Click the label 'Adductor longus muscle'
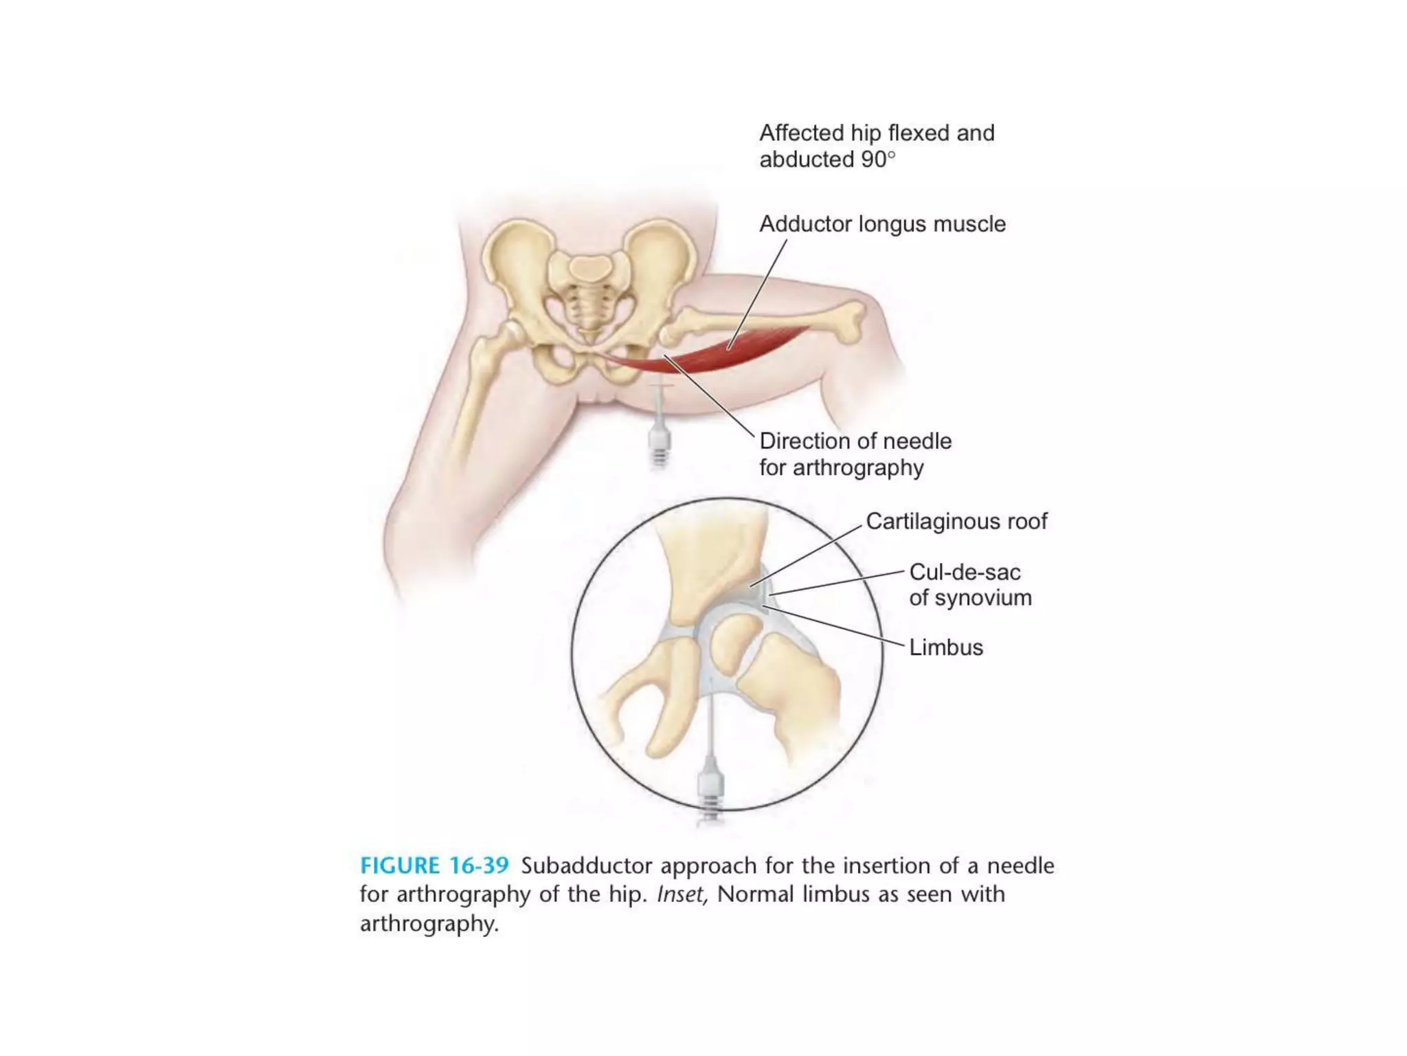[x=882, y=224]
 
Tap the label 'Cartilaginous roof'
[x=956, y=521]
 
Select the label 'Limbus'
[x=946, y=647]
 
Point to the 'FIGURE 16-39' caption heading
[x=434, y=865]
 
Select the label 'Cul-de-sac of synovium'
[x=969, y=584]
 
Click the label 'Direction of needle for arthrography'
[x=855, y=454]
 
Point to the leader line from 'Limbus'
[x=835, y=626]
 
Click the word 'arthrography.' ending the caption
[x=429, y=923]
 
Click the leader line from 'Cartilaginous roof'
[x=807, y=555]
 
